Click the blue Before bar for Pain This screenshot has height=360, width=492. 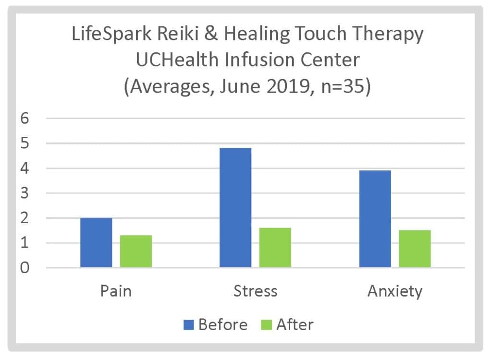point(96,242)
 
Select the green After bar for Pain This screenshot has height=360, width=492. point(136,251)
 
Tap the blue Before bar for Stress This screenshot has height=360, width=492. point(235,207)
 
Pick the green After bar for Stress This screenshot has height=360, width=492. point(275,247)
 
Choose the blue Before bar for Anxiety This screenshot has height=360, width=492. point(375,218)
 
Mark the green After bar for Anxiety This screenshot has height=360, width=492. point(415,249)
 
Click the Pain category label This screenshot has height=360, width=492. point(116,291)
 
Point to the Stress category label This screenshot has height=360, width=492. point(255,291)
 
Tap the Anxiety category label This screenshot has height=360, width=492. point(395,291)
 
